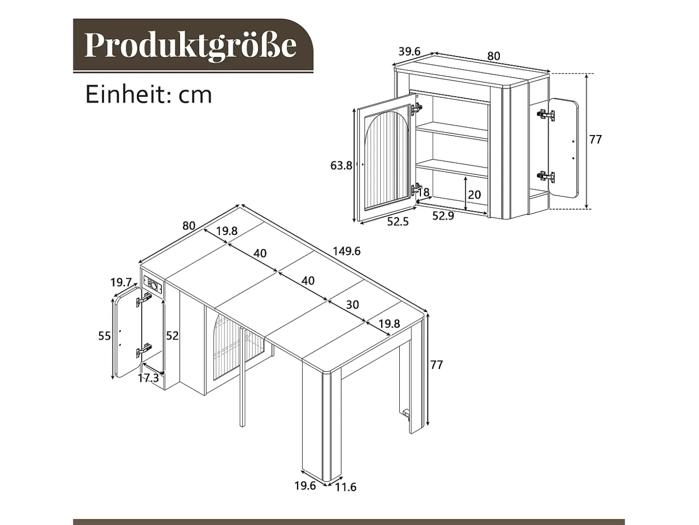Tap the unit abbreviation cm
click(195, 95)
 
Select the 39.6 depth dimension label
click(409, 51)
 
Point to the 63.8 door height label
click(341, 165)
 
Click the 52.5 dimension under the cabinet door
click(398, 221)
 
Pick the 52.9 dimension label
click(443, 216)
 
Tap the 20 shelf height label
click(474, 194)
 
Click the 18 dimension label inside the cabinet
click(424, 193)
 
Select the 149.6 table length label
click(347, 251)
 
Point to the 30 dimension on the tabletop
click(352, 305)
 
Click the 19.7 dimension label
click(121, 282)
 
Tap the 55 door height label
click(104, 336)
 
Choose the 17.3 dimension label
click(148, 378)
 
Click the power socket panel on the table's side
click(154, 285)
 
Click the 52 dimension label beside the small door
click(173, 335)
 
